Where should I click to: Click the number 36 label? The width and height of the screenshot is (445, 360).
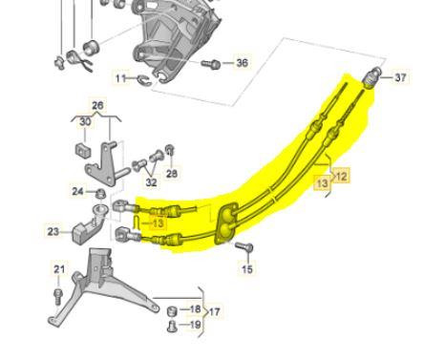pyautogui.click(x=242, y=63)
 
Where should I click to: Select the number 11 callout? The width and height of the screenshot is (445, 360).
pyautogui.click(x=120, y=77)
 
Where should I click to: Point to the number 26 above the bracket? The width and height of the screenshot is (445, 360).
pyautogui.click(x=96, y=105)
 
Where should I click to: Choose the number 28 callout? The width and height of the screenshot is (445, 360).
pyautogui.click(x=172, y=174)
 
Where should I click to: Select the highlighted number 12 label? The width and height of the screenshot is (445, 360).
pyautogui.click(x=341, y=176)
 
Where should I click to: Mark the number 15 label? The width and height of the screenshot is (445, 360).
pyautogui.click(x=247, y=270)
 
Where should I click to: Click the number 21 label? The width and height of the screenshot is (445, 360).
pyautogui.click(x=59, y=270)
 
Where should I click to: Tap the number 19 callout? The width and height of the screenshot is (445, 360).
pyautogui.click(x=195, y=325)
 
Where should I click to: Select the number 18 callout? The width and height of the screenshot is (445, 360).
pyautogui.click(x=195, y=310)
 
